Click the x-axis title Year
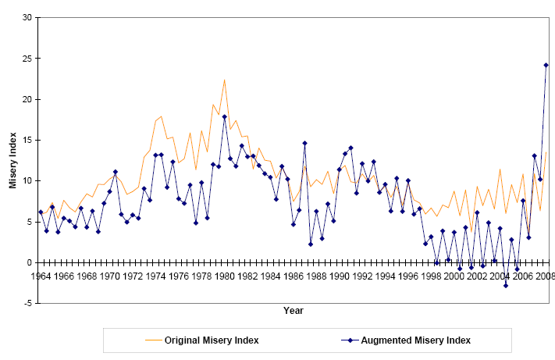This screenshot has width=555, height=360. tap(294, 311)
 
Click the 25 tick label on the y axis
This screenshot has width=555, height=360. tap(27, 59)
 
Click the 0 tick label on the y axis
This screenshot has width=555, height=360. tap(30, 262)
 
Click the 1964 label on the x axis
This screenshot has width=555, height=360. tap(41, 276)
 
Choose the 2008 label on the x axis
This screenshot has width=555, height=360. tap(546, 276)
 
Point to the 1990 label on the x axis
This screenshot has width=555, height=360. tap(340, 276)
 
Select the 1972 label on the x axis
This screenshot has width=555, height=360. tap(133, 276)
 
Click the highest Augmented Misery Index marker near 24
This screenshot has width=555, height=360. tap(546, 65)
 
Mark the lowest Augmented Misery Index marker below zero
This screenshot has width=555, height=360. tap(506, 286)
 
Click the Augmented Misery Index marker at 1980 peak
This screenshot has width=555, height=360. tap(225, 116)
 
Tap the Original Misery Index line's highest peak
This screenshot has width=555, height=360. tap(225, 80)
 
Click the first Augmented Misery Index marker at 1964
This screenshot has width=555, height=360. tap(41, 212)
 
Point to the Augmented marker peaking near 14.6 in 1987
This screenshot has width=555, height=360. tap(304, 143)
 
